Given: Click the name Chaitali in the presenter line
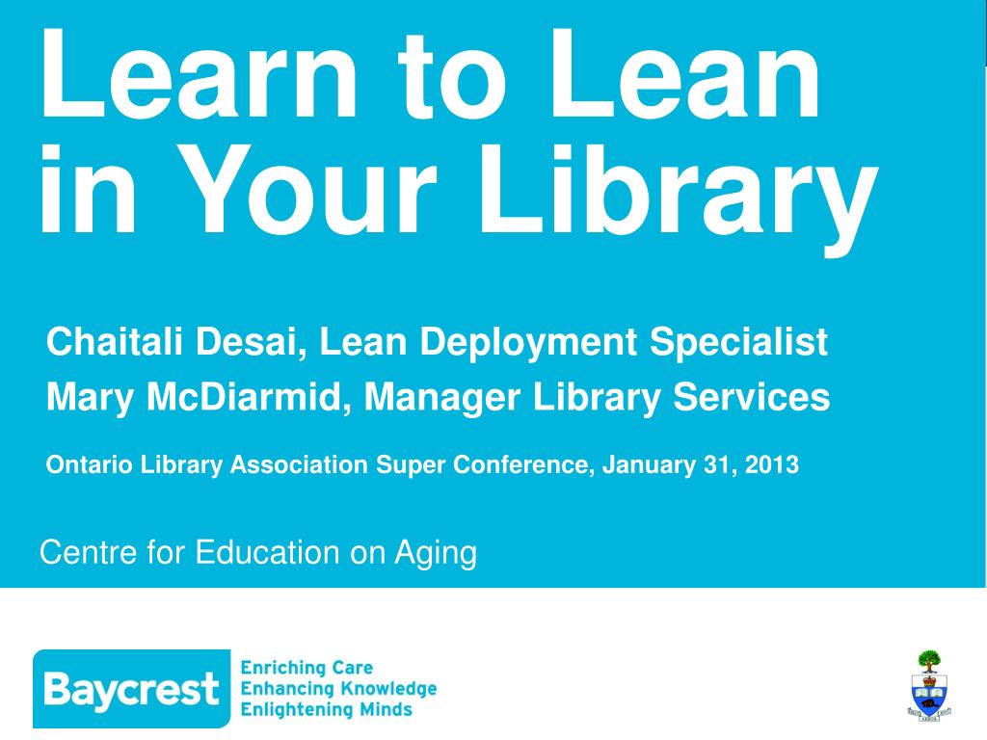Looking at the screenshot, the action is [115, 342].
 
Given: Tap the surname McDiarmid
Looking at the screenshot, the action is [248, 398].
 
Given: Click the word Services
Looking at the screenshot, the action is [752, 398].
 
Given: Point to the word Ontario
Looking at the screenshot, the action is [90, 465].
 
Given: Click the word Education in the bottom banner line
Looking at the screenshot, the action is [268, 552].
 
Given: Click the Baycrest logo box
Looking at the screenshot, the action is [132, 688].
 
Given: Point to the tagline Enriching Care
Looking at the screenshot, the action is [307, 668].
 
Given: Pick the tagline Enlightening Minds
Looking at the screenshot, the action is [326, 710].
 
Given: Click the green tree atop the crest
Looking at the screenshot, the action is [929, 661].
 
